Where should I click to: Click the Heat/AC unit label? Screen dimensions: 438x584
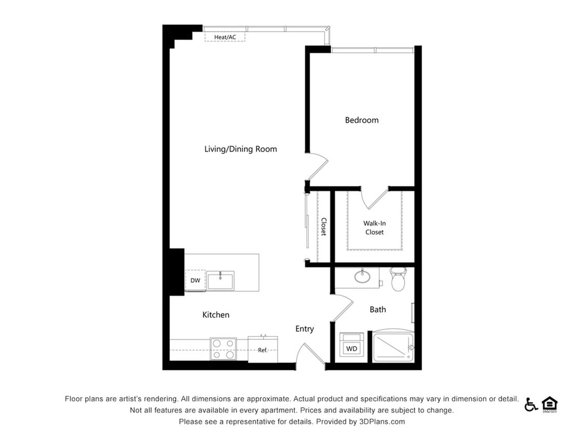coord(225,37)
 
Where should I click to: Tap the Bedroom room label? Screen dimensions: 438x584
coord(361,120)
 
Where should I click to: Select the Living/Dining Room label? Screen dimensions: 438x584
coord(240,149)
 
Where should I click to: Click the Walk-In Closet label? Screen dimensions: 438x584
coord(374,228)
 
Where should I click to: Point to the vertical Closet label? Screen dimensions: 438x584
coord(323,226)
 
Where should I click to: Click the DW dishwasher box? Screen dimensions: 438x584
coord(195,281)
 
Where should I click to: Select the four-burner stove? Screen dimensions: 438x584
coord(223,349)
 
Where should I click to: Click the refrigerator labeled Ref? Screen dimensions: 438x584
coord(263,349)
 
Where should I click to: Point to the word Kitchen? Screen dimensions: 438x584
coord(215,314)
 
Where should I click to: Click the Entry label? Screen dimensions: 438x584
coord(304,328)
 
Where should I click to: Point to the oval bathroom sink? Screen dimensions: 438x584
coord(362,276)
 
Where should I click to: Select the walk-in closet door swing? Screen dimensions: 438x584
coord(375,197)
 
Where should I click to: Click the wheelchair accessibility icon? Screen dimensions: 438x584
coord(531,404)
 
